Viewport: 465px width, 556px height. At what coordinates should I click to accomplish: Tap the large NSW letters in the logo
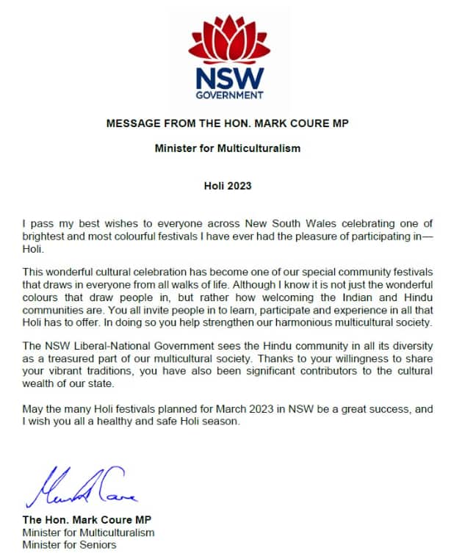pos(228,77)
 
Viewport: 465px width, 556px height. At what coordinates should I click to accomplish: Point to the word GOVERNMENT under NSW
pos(228,95)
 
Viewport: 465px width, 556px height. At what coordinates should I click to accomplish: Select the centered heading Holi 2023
pos(228,186)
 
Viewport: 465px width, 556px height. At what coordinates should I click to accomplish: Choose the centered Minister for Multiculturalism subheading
pos(228,148)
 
